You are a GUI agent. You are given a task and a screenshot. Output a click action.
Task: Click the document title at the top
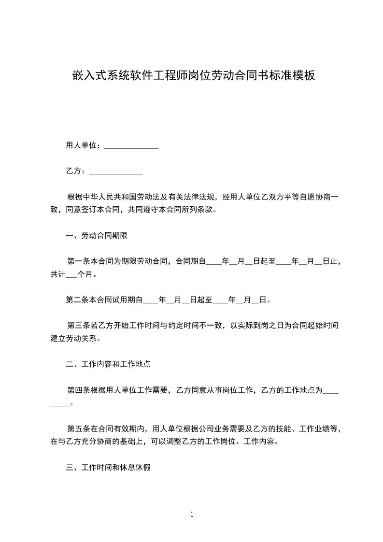tap(193, 75)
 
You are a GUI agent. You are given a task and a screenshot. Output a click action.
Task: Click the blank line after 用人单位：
tap(131, 147)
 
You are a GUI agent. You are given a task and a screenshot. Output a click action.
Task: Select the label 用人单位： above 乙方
tap(83, 145)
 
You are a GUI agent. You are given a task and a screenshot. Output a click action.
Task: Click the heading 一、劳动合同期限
tap(97, 236)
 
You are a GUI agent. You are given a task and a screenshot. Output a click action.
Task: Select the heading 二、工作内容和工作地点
tap(108, 364)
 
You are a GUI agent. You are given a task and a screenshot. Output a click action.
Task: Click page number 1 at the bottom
tap(192, 514)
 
